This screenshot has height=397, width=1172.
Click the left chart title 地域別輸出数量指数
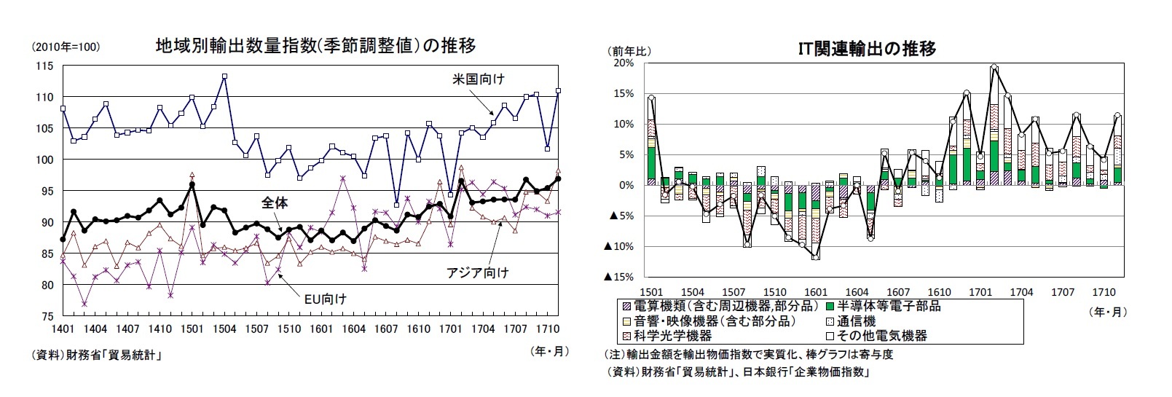(316, 46)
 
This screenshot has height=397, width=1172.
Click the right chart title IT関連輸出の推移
(867, 49)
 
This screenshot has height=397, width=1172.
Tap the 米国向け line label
(475, 79)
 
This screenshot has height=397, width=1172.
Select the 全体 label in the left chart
(275, 203)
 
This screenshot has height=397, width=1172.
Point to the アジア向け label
(477, 272)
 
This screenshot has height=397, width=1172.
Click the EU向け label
(325, 298)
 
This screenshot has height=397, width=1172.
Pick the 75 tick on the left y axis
(47, 316)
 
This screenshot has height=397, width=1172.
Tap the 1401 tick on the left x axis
(63, 329)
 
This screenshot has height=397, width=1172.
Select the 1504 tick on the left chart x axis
(225, 329)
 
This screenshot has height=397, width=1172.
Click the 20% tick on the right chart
(624, 63)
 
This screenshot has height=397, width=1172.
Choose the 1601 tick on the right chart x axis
(816, 292)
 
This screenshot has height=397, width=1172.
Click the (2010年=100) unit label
(65, 47)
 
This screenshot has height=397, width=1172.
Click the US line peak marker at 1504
(224, 76)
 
